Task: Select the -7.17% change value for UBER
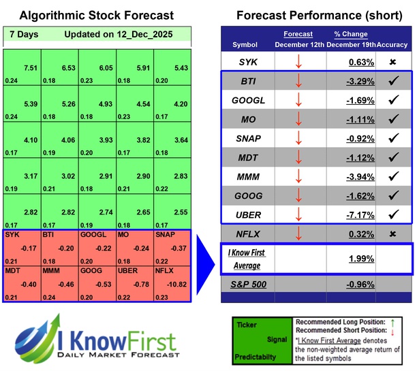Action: coord(358,214)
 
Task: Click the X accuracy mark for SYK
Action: coord(393,62)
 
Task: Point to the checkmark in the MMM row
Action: coord(393,176)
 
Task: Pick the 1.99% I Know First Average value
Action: coord(361,259)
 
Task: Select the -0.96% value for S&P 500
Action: coord(358,284)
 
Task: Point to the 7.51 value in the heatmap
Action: coord(29,67)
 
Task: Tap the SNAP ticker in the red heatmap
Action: coord(165,235)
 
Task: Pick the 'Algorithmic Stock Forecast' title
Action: coord(97,15)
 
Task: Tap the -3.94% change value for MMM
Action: coord(358,176)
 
